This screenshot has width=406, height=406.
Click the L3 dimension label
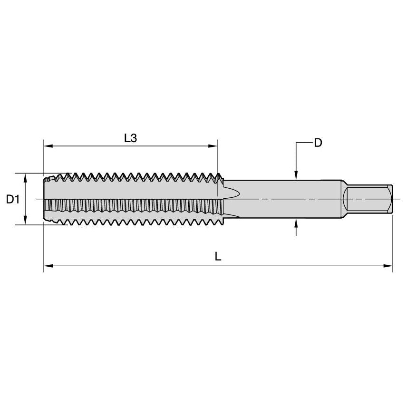[x=130, y=138]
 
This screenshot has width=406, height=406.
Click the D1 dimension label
[x=12, y=199]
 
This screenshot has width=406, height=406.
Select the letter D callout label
[x=318, y=143]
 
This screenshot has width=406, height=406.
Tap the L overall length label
[x=218, y=257]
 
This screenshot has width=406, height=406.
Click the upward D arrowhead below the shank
[x=296, y=222]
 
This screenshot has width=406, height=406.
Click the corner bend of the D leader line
[x=296, y=143]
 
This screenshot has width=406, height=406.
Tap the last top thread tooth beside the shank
[x=220, y=178]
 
